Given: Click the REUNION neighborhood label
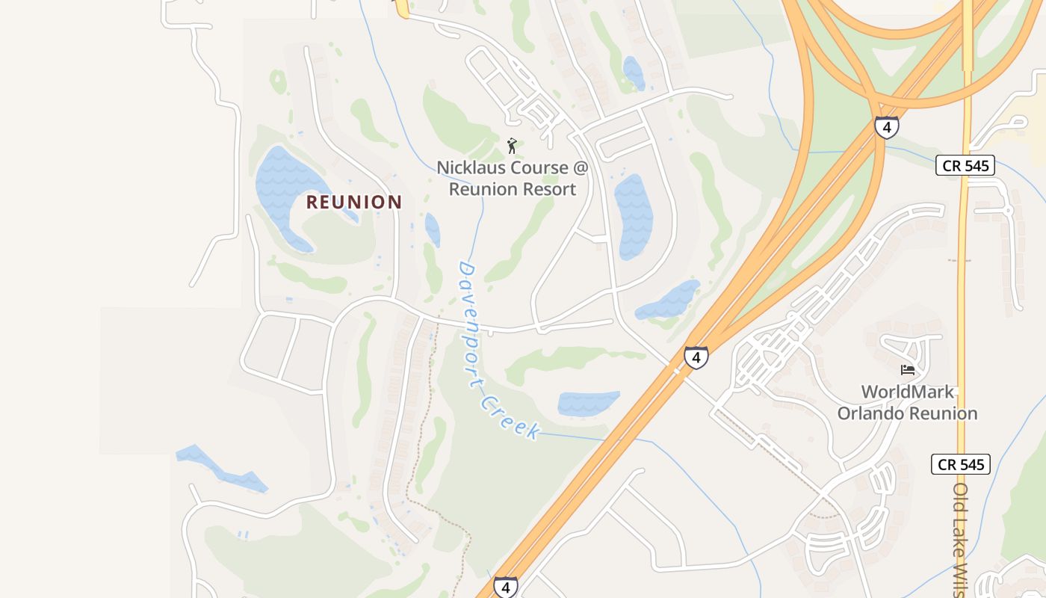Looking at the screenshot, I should point(354,202).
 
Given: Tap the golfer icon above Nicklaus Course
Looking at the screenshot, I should point(512,145).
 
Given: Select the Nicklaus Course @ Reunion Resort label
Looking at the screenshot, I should point(513,178).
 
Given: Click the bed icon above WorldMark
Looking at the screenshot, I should point(908,370).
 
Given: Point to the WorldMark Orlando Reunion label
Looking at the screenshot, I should point(907,402).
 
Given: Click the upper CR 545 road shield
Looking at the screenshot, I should point(965,165).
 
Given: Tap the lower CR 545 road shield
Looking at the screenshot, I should point(961,464).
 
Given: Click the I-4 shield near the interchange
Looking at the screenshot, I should point(886,127).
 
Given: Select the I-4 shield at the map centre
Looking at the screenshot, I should point(696,357).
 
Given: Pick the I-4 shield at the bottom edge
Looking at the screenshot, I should point(506,587).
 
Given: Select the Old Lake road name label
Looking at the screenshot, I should point(962,538).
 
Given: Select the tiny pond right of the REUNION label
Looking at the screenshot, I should point(432,229).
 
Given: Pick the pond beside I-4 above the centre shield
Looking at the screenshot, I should point(669,300).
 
